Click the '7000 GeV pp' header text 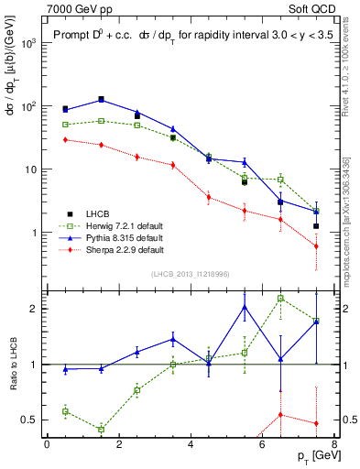[73, 8]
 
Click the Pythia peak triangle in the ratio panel [245, 307]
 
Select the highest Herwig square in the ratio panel [280, 299]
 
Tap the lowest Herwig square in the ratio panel [101, 429]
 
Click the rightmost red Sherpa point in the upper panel [316, 246]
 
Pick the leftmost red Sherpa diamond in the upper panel [65, 139]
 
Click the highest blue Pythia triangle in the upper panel [101, 99]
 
